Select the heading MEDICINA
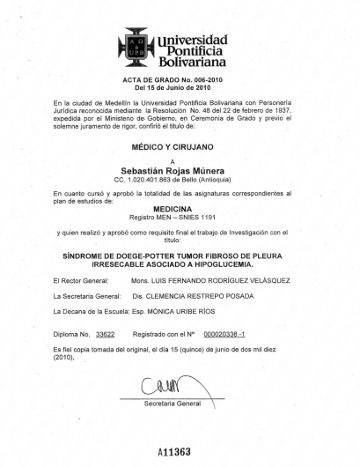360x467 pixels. click(179, 209)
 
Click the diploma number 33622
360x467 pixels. click(106, 335)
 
